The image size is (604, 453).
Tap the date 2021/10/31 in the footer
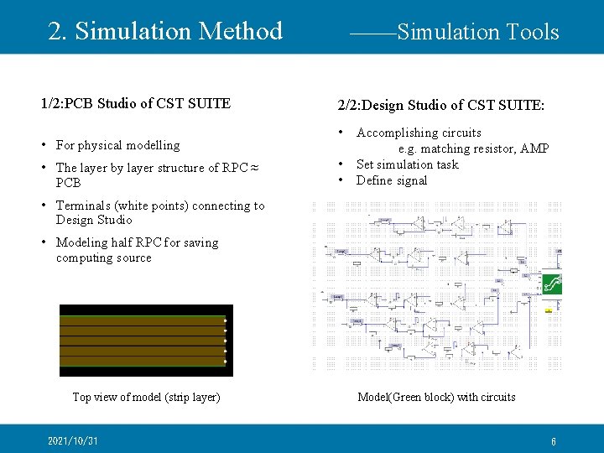[73, 441]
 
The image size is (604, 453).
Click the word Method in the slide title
[242, 31]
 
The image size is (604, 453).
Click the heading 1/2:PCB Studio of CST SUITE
[136, 103]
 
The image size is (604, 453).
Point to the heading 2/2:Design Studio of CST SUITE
[440, 106]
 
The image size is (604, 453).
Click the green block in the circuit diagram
[552, 284]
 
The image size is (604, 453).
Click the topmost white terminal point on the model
[226, 320]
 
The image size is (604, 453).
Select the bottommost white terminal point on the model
[226, 362]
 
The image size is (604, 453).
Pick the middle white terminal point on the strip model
[226, 341]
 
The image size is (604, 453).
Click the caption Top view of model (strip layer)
[146, 397]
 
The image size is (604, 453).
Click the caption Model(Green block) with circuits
[436, 397]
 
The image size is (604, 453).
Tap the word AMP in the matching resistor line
[534, 148]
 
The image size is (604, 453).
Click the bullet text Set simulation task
[407, 164]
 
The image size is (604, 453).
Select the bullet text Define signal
[392, 180]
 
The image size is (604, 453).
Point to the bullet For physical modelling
[117, 145]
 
